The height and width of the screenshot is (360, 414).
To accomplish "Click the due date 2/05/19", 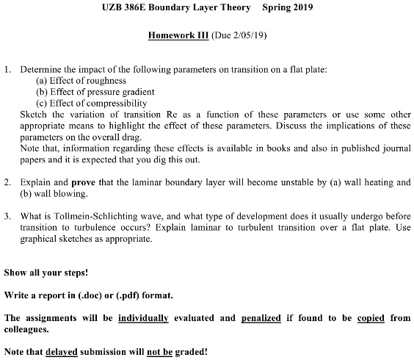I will pos(246,35).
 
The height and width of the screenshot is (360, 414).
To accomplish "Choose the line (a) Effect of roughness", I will pos(81,80).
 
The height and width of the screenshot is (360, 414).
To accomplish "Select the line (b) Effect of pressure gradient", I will pos(95,92).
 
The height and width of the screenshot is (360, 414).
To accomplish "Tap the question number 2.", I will pos(7,181).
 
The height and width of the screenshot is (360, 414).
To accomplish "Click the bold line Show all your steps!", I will pos(46,273).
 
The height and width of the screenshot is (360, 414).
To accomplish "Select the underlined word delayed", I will pos(62,352).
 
